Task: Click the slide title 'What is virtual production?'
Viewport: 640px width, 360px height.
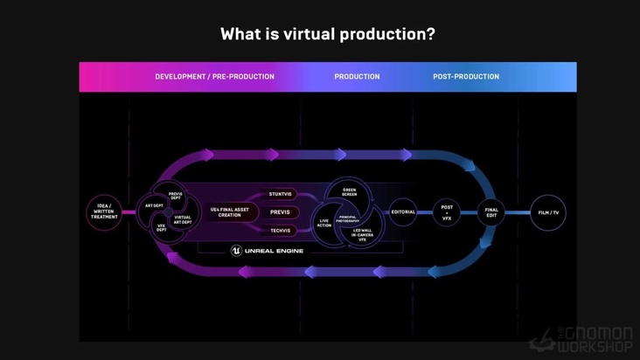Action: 328,34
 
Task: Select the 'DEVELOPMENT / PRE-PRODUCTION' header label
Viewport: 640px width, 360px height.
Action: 214,77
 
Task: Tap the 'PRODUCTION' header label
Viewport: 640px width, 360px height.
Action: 357,77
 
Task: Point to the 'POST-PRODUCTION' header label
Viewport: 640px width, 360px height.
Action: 466,77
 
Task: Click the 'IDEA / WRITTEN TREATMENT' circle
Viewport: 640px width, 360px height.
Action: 104,212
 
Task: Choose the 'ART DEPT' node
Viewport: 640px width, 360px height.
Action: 154,206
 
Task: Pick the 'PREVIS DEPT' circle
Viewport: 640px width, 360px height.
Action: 176,196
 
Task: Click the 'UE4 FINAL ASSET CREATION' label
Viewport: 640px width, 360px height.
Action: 229,212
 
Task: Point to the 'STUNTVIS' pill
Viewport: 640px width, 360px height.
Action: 280,194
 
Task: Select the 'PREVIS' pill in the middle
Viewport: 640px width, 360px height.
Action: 280,212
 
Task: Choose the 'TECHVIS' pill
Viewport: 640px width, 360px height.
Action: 280,231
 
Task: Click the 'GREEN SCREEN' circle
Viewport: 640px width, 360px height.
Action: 349,192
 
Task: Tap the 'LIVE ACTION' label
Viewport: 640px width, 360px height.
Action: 324,224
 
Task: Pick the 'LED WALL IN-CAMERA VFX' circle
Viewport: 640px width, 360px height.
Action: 362,234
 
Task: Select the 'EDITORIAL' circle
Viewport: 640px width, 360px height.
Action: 403,212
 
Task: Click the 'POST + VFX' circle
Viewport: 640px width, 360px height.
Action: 447,212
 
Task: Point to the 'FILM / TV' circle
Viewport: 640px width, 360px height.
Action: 548,212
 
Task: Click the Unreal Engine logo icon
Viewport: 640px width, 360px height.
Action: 236,251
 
